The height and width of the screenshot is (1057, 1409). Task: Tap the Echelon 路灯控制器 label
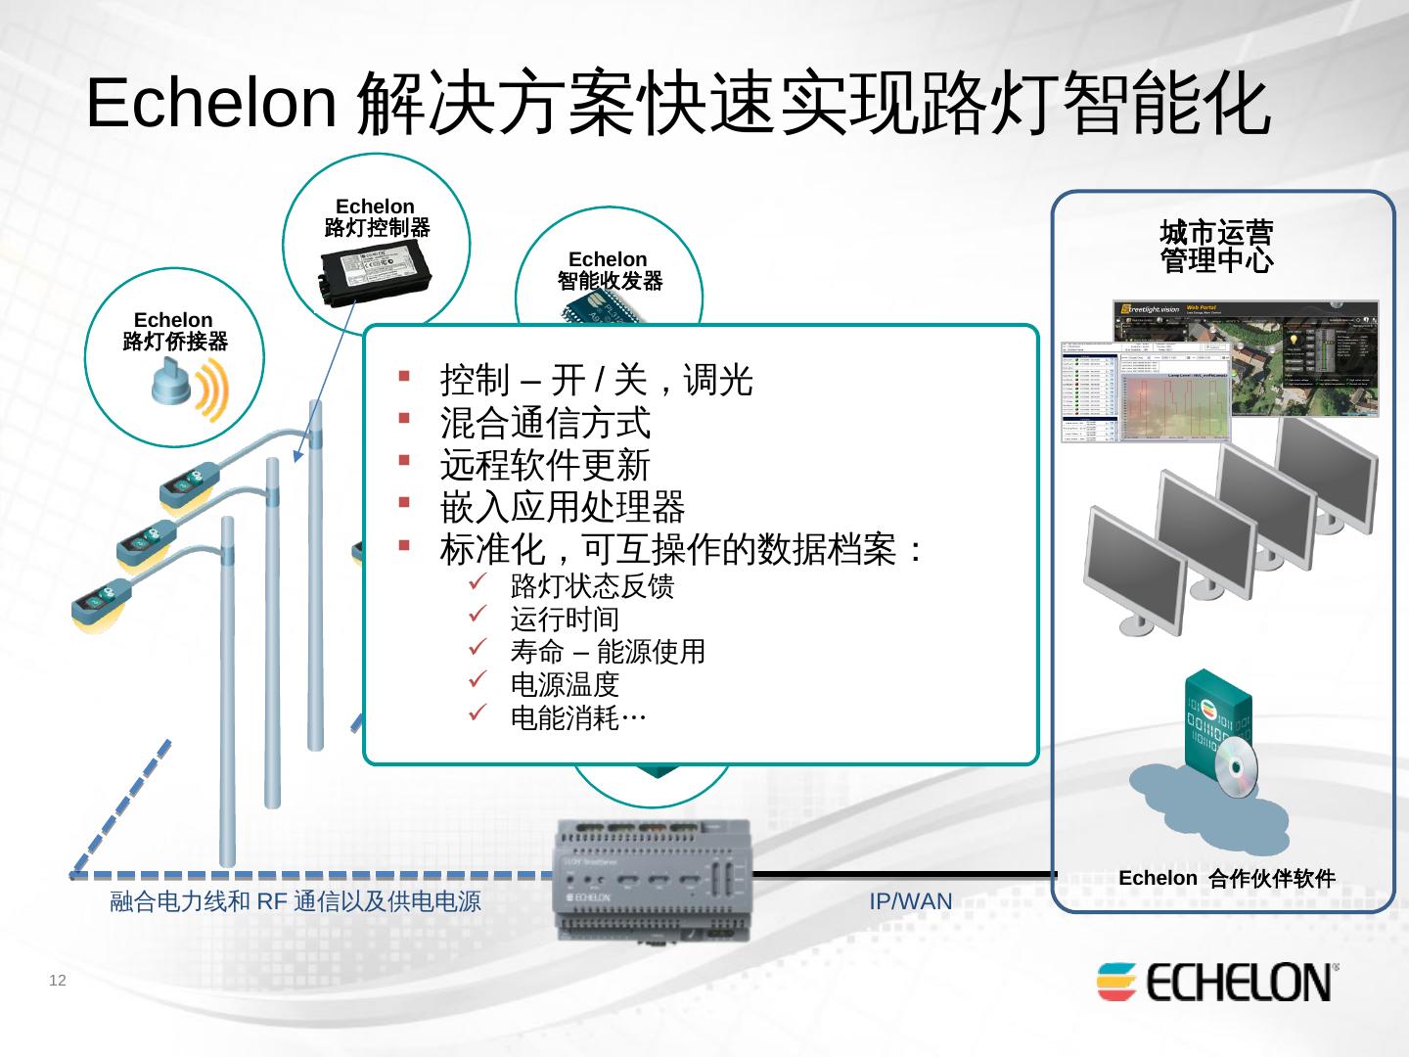pyautogui.click(x=376, y=217)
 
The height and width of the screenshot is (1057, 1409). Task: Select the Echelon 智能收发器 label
pyautogui.click(x=609, y=270)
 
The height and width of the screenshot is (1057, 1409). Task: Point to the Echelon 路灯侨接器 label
pyautogui.click(x=174, y=331)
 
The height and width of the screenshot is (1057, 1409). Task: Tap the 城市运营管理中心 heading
pyautogui.click(x=1216, y=247)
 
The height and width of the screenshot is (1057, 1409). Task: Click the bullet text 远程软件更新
pyautogui.click(x=545, y=465)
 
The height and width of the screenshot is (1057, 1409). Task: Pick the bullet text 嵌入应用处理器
pyautogui.click(x=563, y=507)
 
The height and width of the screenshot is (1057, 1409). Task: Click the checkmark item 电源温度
pyautogui.click(x=565, y=684)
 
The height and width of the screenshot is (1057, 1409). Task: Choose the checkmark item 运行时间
pyautogui.click(x=565, y=619)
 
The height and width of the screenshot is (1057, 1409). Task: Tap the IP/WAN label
pyautogui.click(x=910, y=901)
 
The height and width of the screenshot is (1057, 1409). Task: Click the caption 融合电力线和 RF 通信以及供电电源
pyautogui.click(x=295, y=901)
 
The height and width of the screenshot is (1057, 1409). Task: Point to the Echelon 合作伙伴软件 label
pyautogui.click(x=1227, y=878)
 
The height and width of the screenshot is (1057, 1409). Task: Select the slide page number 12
pyautogui.click(x=58, y=981)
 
